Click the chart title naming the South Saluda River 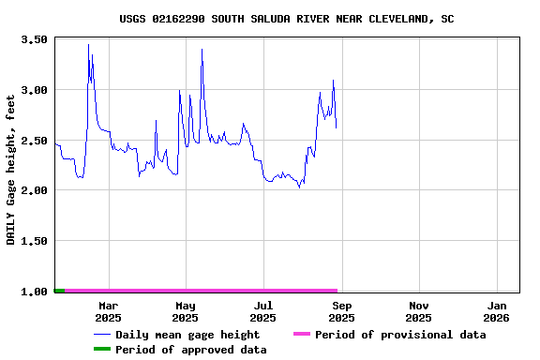(287, 19)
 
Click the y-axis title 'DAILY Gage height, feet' (11, 170)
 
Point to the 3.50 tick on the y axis (34, 40)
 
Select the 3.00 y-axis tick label (34, 90)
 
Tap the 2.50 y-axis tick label (34, 141)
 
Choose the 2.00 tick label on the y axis (34, 190)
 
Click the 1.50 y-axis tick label (34, 241)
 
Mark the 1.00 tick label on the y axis (34, 292)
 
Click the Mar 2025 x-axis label (108, 311)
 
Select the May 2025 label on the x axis (186, 311)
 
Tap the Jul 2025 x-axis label (263, 311)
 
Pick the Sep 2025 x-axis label (342, 311)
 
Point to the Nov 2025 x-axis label (419, 311)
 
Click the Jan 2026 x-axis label (497, 311)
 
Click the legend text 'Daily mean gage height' (187, 335)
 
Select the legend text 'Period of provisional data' (400, 335)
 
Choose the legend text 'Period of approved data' (191, 350)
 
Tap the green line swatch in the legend (101, 350)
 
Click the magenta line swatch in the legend (301, 335)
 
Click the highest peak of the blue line (89, 45)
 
